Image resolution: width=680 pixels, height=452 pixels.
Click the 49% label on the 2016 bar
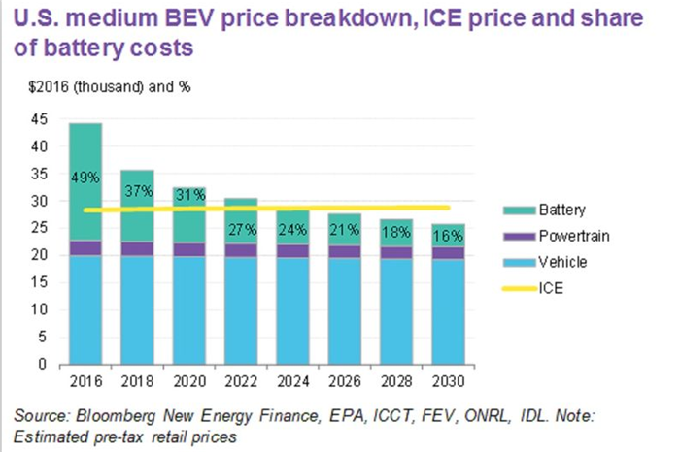(x=85, y=178)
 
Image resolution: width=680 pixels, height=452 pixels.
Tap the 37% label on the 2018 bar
(x=136, y=191)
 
